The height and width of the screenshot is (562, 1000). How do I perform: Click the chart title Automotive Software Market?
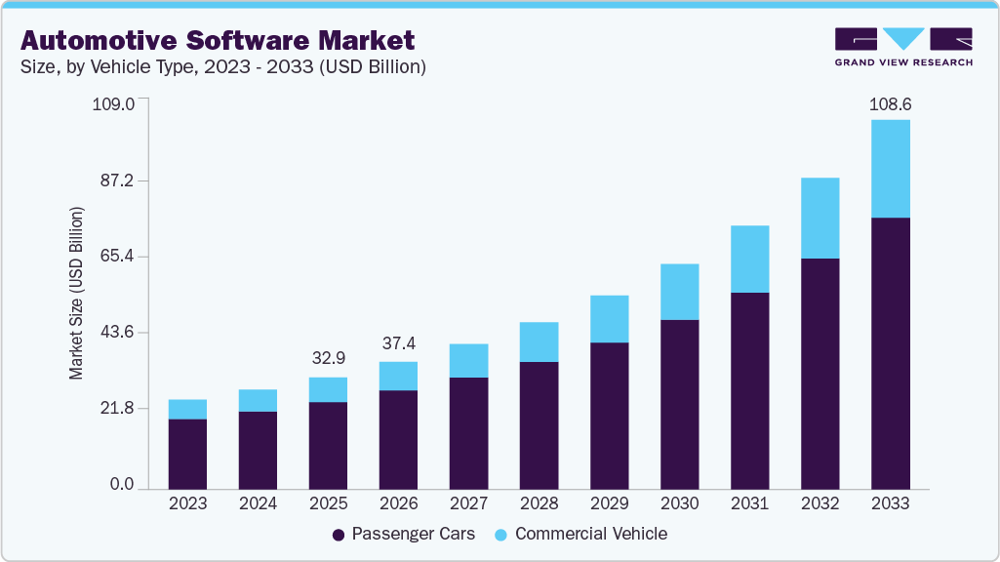(218, 40)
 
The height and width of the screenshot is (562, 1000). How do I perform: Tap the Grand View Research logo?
(902, 47)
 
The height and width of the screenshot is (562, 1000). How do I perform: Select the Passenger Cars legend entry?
(404, 534)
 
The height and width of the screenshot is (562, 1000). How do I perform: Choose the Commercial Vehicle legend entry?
(580, 534)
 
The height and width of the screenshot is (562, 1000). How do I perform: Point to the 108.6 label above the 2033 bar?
(890, 103)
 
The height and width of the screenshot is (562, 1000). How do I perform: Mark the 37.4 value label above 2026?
(398, 344)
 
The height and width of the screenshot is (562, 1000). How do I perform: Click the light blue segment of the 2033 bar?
(890, 168)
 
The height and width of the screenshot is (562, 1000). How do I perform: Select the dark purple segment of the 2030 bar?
(679, 404)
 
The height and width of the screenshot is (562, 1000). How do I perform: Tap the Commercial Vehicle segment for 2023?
(187, 409)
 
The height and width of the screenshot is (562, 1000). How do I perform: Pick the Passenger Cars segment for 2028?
(539, 424)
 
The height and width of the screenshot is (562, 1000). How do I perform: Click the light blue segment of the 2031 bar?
(749, 259)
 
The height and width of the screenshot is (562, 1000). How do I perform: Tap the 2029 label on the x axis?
(609, 504)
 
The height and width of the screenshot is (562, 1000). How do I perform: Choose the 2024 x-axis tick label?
(258, 504)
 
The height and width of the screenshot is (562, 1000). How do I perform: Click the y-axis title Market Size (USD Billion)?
(76, 293)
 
